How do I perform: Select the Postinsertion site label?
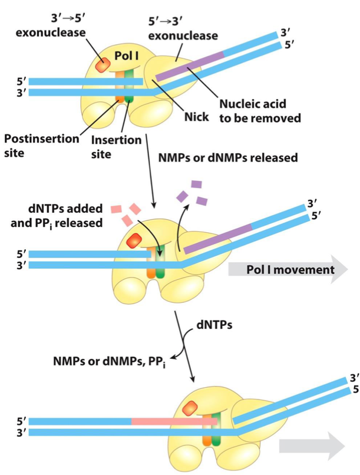(x=41, y=145)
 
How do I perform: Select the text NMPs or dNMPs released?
(x=228, y=159)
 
